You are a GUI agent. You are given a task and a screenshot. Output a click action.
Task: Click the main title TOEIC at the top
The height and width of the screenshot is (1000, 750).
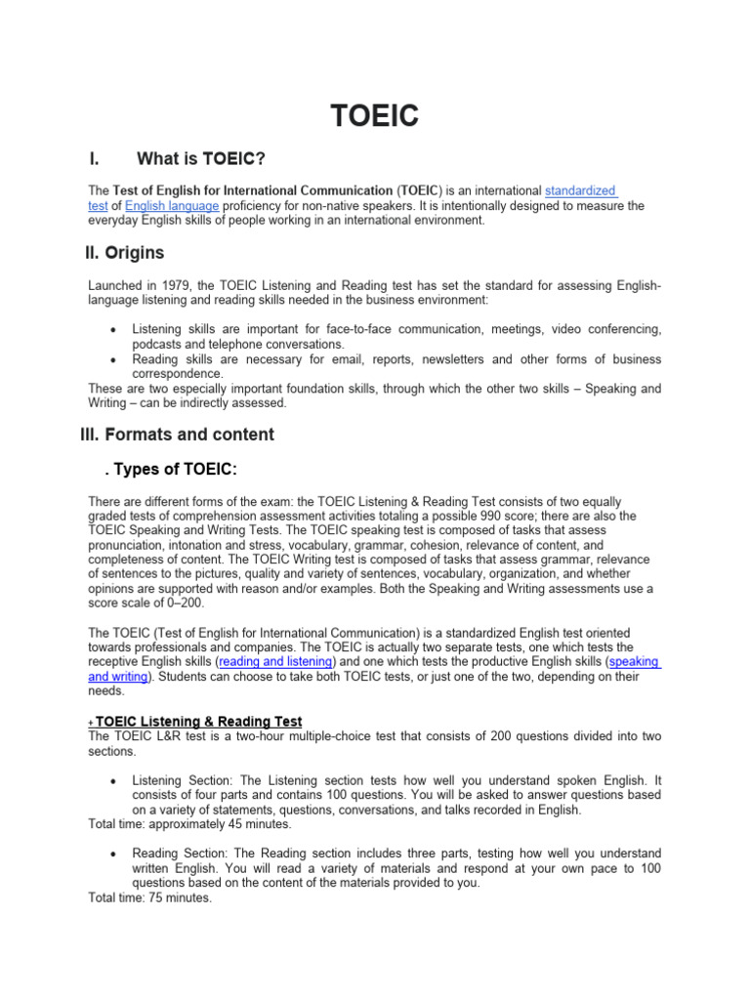(x=375, y=117)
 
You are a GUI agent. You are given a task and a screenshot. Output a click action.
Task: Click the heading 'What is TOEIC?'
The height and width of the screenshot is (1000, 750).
(x=201, y=159)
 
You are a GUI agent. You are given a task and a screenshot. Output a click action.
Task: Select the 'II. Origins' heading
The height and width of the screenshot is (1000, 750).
(x=124, y=253)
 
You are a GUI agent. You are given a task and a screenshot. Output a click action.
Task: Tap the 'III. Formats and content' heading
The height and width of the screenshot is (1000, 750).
(x=177, y=434)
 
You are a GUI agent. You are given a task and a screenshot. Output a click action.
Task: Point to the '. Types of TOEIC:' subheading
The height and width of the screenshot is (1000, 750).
(x=170, y=470)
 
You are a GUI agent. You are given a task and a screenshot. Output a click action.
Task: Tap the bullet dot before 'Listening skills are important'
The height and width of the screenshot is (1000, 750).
(x=116, y=330)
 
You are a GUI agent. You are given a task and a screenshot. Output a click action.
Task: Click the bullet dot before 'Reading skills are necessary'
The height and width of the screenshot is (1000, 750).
(x=116, y=359)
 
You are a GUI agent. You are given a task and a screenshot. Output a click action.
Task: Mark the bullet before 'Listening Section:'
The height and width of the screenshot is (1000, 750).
(x=116, y=781)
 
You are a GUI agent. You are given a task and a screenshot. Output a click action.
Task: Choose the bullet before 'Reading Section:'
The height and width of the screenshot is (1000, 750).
(x=116, y=854)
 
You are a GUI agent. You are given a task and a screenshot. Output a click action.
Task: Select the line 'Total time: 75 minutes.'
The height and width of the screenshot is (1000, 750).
(x=149, y=897)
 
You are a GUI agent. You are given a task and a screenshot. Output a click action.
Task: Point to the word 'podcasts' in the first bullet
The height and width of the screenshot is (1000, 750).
(x=157, y=344)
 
